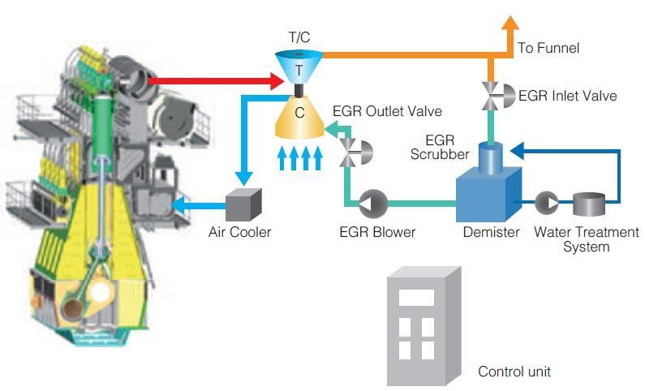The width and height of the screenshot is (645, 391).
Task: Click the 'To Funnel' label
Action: click(x=548, y=49)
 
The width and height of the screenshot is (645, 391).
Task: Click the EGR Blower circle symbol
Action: click(x=374, y=201)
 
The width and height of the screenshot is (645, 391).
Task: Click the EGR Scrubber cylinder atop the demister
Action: click(x=490, y=156)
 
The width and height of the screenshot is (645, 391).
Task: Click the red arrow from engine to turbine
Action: click(x=219, y=80)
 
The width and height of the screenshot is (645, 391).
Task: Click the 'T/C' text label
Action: click(x=299, y=37)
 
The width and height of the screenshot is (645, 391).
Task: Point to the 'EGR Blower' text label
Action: click(x=376, y=233)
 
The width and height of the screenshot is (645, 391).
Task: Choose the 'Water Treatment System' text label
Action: click(x=586, y=239)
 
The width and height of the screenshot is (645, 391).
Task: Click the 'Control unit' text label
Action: click(x=514, y=372)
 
